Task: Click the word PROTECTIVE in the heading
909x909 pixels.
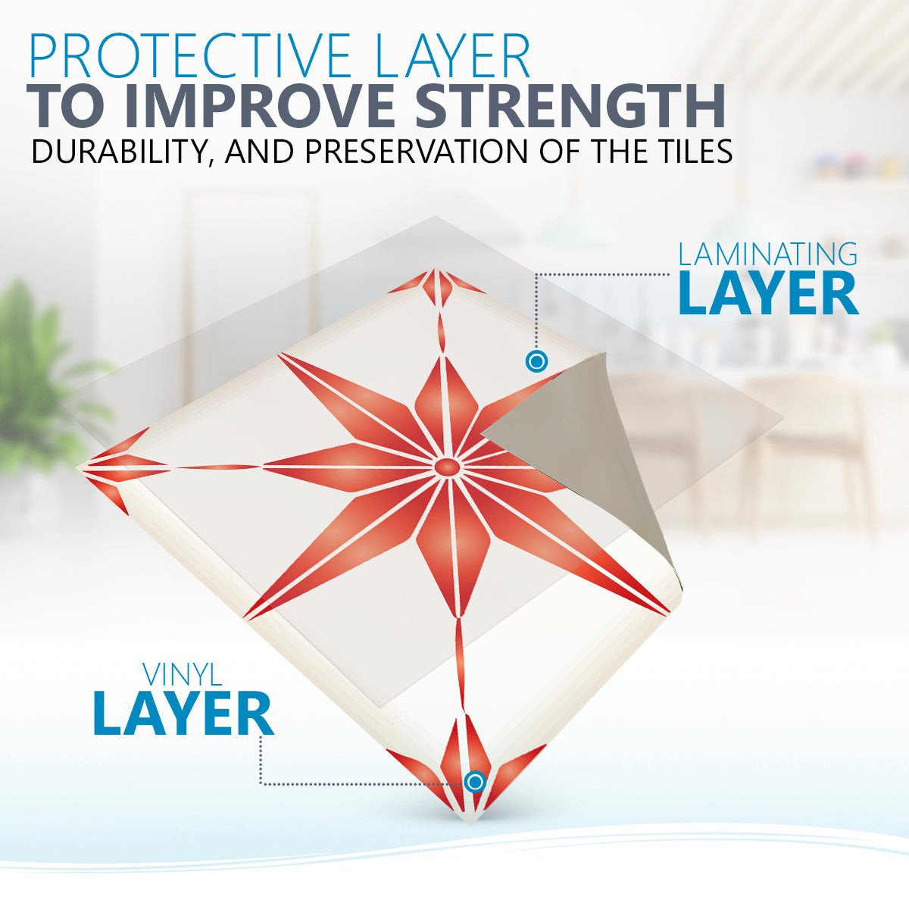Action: [191, 55]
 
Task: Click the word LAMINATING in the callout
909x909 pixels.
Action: [767, 254]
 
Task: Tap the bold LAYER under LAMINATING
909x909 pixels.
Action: [768, 293]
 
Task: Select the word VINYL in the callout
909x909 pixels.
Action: [183, 675]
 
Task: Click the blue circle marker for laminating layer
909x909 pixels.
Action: [536, 362]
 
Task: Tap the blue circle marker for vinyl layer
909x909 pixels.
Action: [475, 782]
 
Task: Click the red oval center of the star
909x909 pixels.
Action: [446, 467]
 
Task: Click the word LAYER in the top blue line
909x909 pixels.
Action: [453, 55]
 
